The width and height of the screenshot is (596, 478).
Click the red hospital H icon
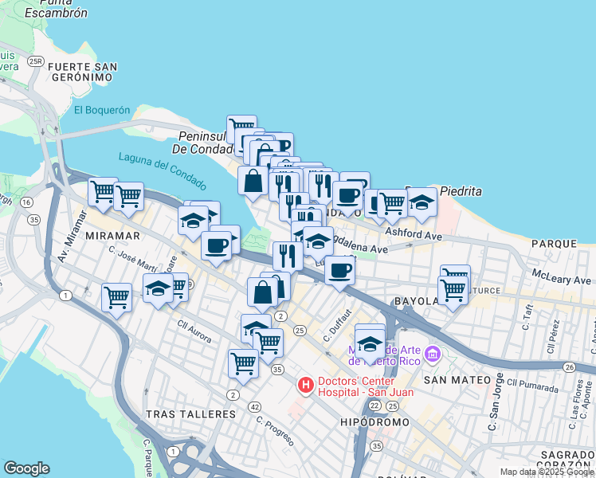(305, 386)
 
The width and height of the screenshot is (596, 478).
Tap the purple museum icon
(433, 352)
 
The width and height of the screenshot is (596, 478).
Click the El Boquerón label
(101, 111)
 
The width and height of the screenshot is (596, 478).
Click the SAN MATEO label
(457, 380)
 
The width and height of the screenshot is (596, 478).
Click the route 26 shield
(569, 366)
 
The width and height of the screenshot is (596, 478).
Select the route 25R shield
(34, 61)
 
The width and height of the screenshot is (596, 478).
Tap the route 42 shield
(253, 406)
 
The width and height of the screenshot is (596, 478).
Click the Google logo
(26, 468)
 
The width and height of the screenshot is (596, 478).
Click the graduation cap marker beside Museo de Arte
(370, 343)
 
